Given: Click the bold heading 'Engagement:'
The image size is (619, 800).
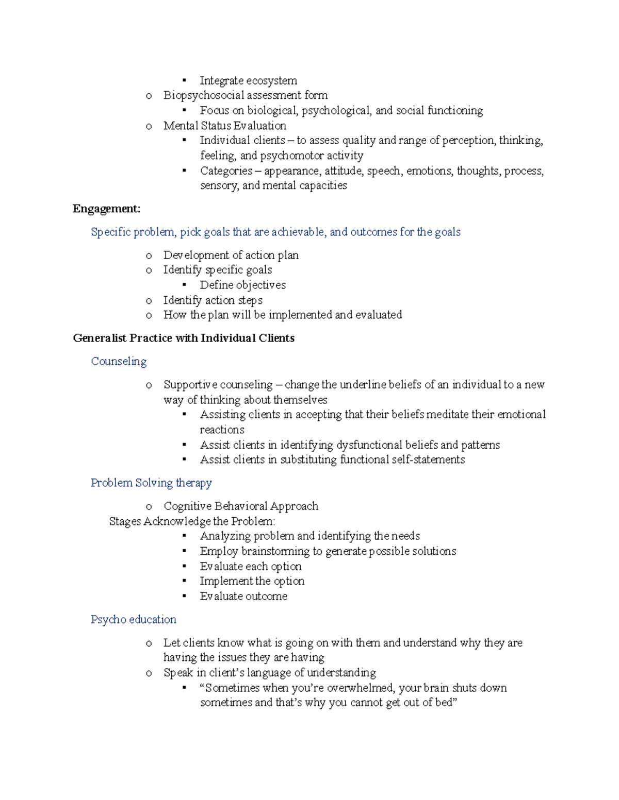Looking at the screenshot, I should (x=106, y=209).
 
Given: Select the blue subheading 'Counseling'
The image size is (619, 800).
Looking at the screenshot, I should (x=119, y=362).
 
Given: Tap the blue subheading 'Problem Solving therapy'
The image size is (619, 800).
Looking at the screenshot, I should (x=151, y=483).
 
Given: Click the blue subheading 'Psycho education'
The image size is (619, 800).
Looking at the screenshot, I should (x=133, y=620).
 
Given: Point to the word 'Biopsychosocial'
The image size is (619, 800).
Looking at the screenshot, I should (x=204, y=95).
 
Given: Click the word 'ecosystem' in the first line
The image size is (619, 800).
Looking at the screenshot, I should (x=272, y=80).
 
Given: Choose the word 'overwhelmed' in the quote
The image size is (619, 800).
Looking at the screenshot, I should (x=360, y=688).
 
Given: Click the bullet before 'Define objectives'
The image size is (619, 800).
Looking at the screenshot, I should (x=184, y=285).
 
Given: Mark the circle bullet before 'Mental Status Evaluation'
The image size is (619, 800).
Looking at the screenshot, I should (x=149, y=126).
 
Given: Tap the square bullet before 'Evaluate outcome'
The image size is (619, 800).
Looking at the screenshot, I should (x=184, y=597).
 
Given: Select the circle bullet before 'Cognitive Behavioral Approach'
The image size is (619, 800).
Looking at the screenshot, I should (x=149, y=507).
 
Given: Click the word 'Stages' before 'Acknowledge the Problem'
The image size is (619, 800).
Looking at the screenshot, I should (x=125, y=521).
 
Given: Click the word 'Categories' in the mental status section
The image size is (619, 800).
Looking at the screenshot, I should (x=226, y=171).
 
